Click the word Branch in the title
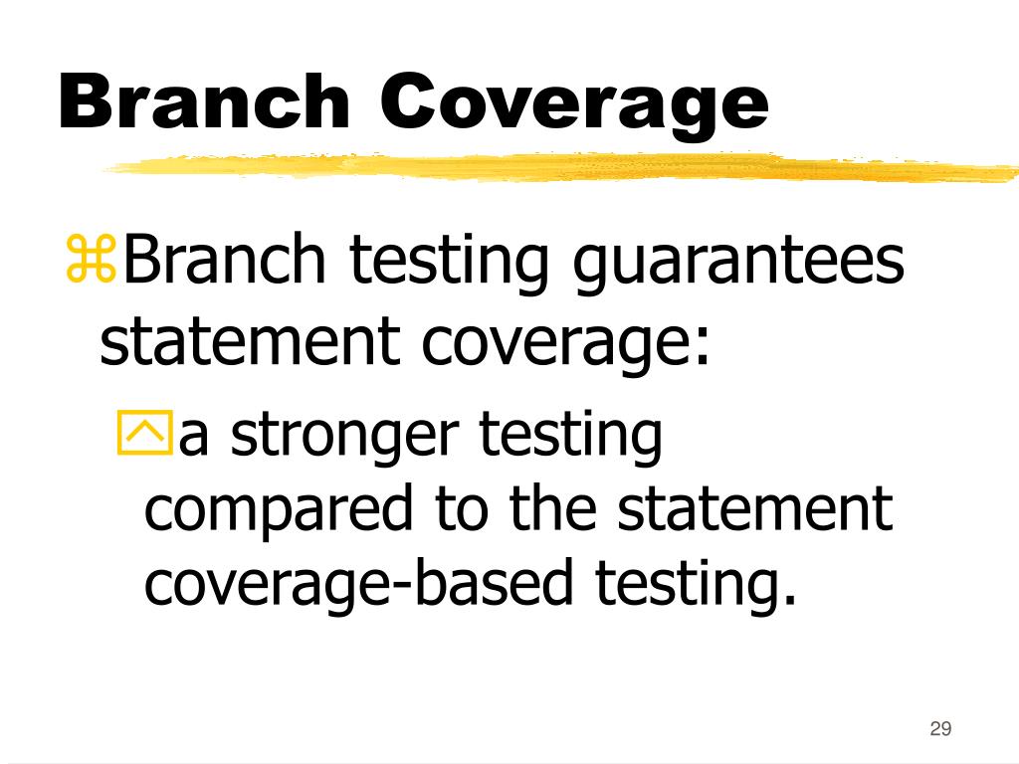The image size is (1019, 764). [x=203, y=102]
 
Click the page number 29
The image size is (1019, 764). [x=939, y=729]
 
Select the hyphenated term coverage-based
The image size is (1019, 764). [x=359, y=584]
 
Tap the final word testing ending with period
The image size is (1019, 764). [x=698, y=587]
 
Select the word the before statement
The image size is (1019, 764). [x=555, y=510]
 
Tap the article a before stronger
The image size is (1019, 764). [x=195, y=440]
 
